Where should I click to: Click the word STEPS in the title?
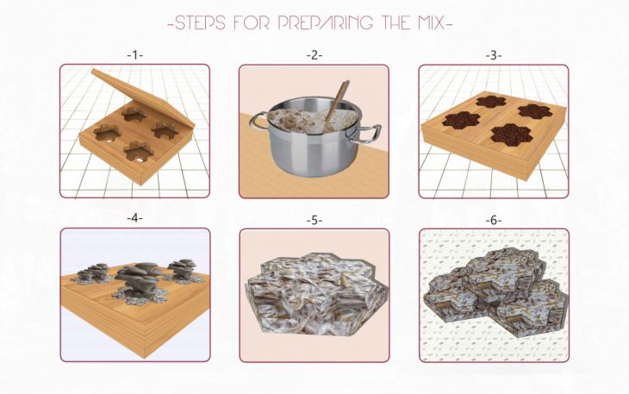pyautogui.click(x=201, y=23)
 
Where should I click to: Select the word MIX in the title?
pyautogui.click(x=428, y=23)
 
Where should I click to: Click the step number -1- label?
pyautogui.click(x=134, y=55)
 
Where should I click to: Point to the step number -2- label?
pyautogui.click(x=314, y=55)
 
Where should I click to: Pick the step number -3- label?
pyautogui.click(x=494, y=55)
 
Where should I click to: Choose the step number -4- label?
pyautogui.click(x=134, y=218)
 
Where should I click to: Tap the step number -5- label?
pyautogui.click(x=314, y=220)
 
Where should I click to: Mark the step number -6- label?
pyautogui.click(x=494, y=220)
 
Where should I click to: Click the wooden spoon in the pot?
pyautogui.click(x=337, y=102)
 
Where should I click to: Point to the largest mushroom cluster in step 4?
pyautogui.click(x=139, y=281)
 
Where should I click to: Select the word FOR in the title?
pyautogui.click(x=252, y=23)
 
